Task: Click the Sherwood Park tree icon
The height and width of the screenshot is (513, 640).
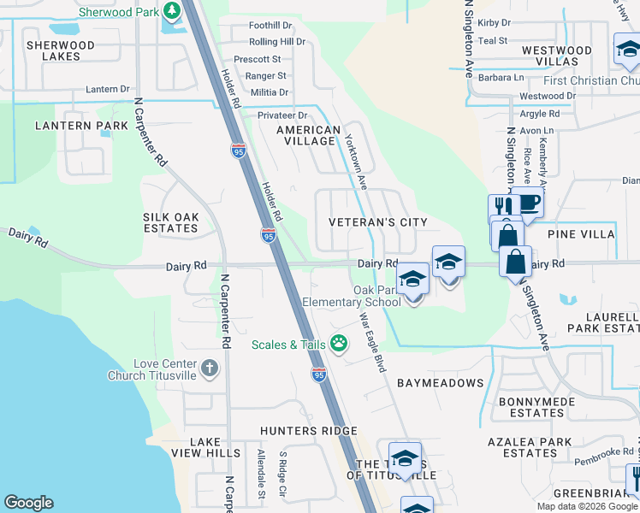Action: pos(172,10)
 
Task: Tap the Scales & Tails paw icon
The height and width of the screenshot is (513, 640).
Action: pos(339,344)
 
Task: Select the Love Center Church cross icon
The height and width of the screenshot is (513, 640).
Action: pos(210,369)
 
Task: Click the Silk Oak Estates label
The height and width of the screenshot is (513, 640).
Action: pos(171,222)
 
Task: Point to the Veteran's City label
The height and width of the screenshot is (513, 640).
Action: pos(378,222)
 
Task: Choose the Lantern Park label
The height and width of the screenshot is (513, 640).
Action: pos(74,126)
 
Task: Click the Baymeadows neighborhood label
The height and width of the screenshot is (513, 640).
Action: pos(440,383)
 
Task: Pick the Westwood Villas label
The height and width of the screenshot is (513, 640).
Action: pos(556,56)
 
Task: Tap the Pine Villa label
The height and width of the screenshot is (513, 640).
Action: pos(581,233)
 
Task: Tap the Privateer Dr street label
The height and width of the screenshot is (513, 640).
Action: pos(282,115)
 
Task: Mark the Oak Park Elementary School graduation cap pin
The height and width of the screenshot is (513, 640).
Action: pos(412,282)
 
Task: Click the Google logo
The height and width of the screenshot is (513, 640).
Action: pos(28,503)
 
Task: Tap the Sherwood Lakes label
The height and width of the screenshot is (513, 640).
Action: pos(60,50)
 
